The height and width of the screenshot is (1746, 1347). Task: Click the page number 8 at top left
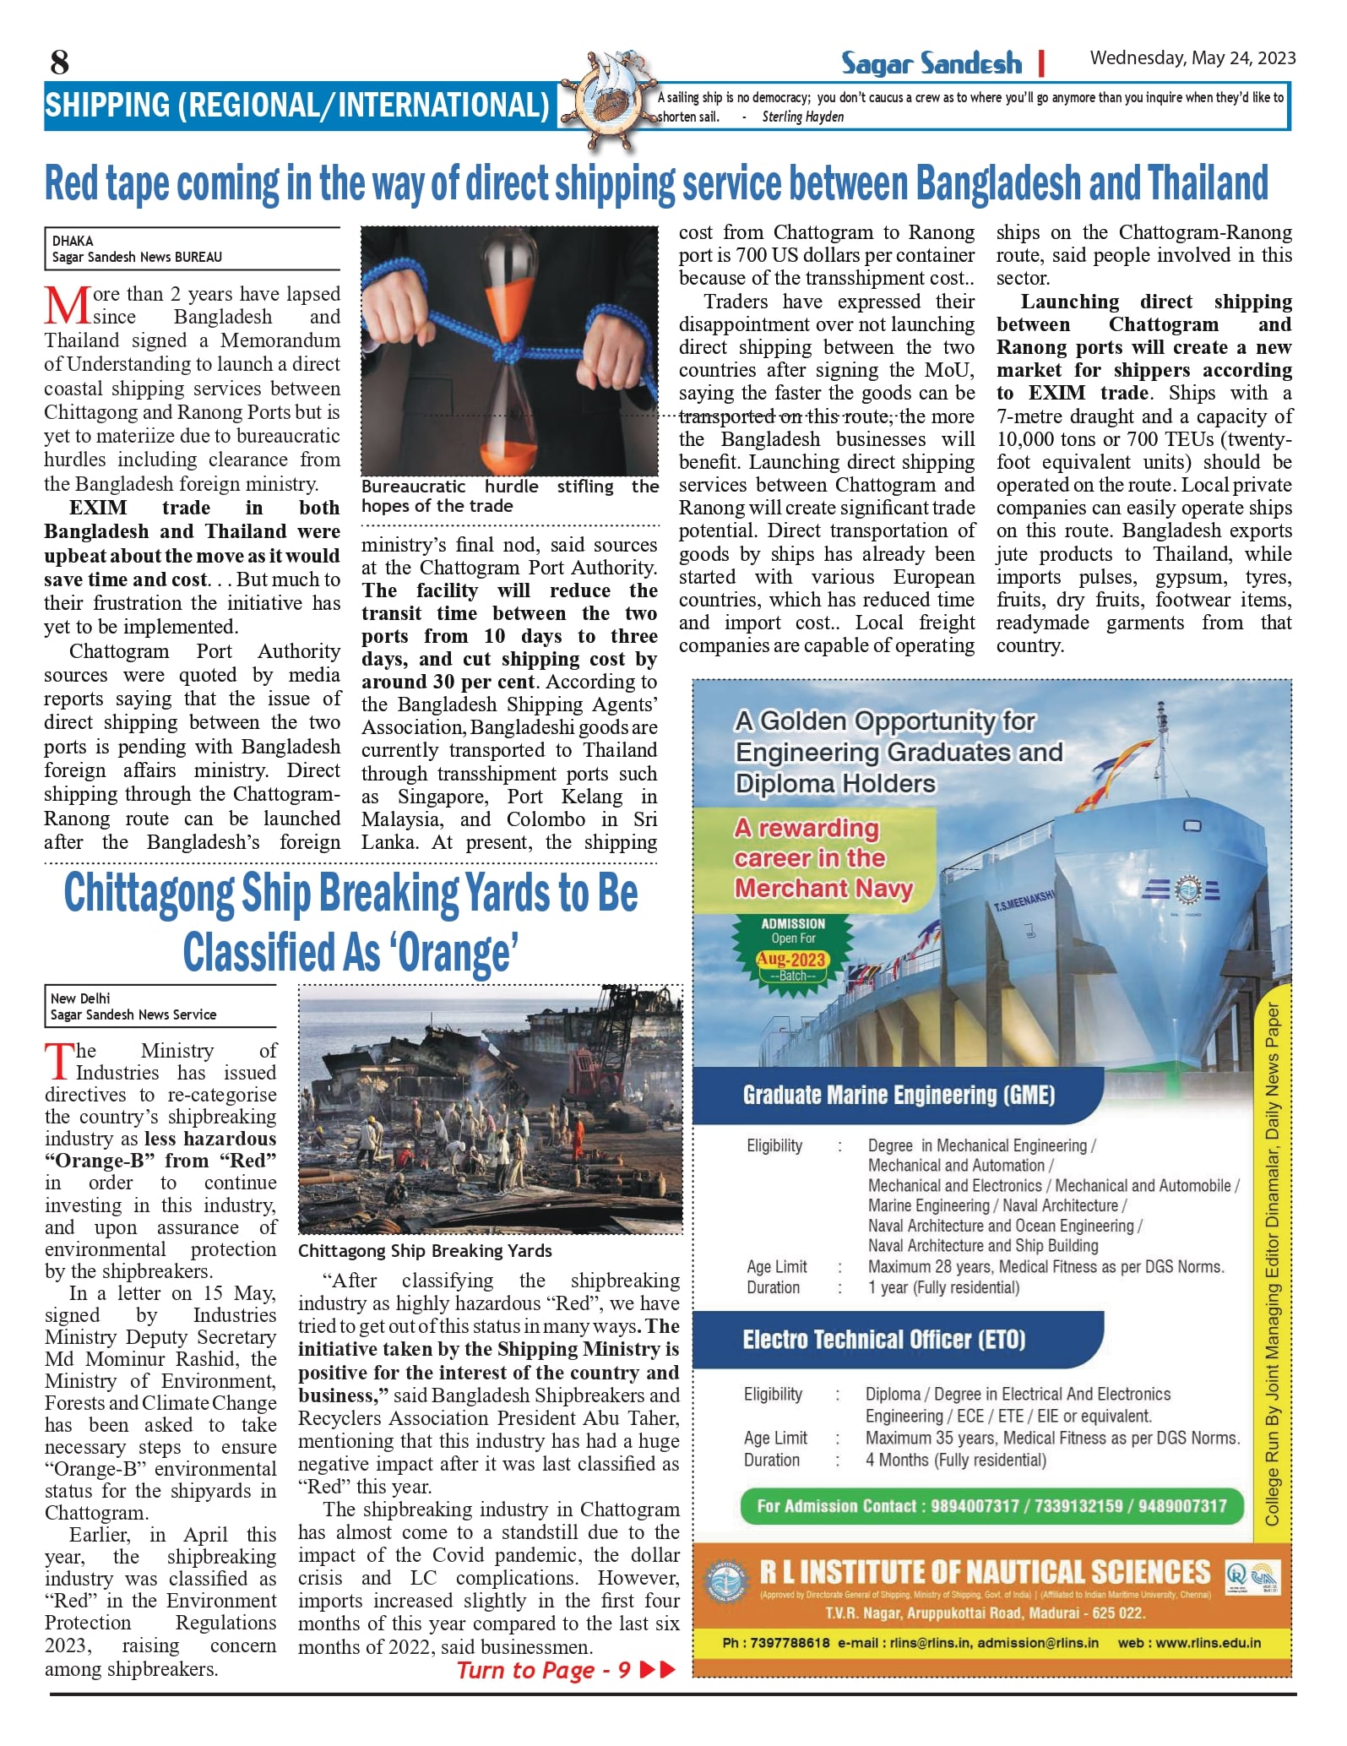tap(59, 63)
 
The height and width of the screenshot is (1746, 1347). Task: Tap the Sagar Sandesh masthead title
tap(931, 63)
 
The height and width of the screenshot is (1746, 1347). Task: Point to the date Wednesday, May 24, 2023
tap(1192, 58)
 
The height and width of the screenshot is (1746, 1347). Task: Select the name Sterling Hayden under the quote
tap(802, 117)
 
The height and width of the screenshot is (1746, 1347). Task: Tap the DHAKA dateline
tap(73, 241)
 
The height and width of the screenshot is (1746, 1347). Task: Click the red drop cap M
tap(67, 306)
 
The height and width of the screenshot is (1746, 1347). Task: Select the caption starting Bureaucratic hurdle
tap(509, 496)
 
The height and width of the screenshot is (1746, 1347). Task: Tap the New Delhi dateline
tap(80, 998)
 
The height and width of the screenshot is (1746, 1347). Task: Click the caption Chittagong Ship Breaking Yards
tap(425, 1251)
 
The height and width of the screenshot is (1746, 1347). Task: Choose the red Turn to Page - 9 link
tap(544, 1670)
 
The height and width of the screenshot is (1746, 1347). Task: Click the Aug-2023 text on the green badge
tap(791, 960)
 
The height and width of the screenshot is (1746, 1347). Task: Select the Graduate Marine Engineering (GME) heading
tap(899, 1096)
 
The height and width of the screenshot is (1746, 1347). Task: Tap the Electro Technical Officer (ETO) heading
tap(883, 1341)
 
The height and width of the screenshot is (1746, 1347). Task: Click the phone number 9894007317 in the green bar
tap(975, 1506)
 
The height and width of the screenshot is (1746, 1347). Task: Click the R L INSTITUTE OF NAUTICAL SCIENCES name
tap(985, 1572)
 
